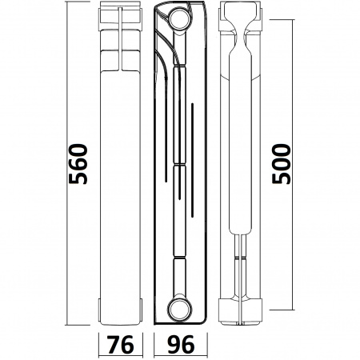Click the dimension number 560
(x=78, y=164)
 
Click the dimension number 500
(x=281, y=164)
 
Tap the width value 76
(x=120, y=345)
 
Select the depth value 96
(x=181, y=345)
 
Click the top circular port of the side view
(x=180, y=18)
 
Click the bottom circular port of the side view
(x=180, y=310)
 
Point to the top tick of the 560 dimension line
(x=78, y=2)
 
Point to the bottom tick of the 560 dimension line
(x=78, y=325)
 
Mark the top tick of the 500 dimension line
(x=282, y=19)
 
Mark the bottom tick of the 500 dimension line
(x=282, y=310)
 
